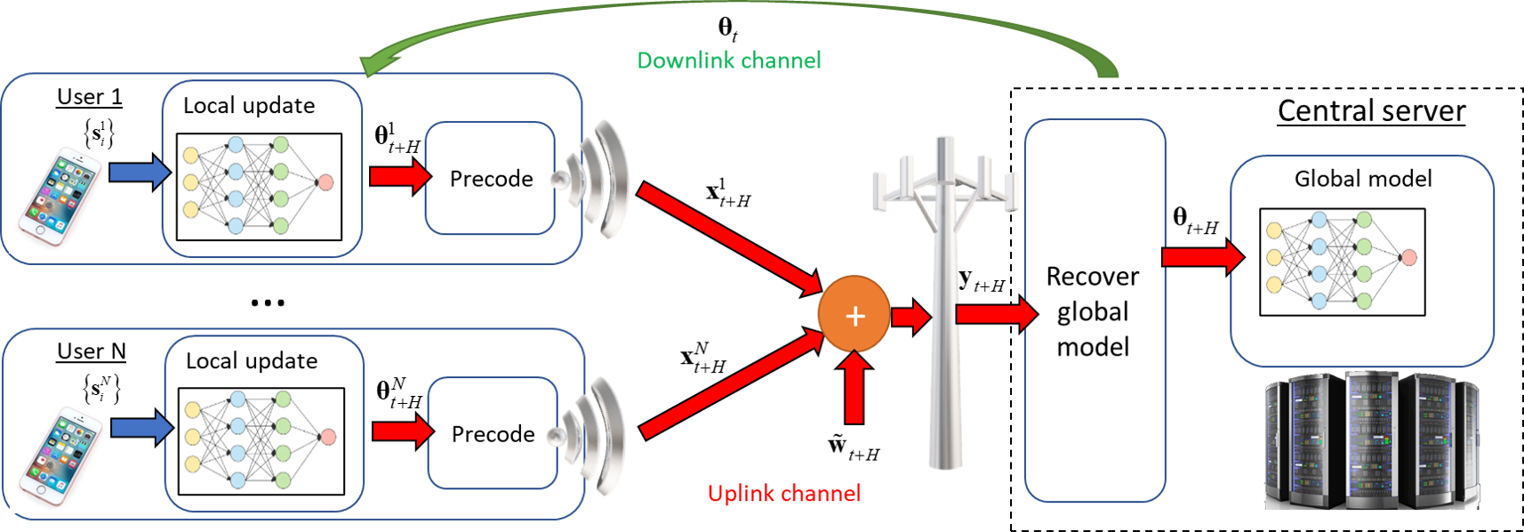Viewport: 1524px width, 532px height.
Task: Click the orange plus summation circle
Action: click(854, 315)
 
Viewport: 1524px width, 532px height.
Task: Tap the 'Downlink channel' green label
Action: click(728, 60)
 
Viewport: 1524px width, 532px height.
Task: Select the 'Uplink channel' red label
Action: click(783, 494)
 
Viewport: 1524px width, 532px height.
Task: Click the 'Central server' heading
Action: click(1371, 111)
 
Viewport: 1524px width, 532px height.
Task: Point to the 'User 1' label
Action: click(89, 97)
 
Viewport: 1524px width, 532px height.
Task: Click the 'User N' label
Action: click(91, 351)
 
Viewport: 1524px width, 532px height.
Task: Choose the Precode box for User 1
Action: click(491, 179)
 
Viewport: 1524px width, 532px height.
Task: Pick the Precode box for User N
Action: click(493, 434)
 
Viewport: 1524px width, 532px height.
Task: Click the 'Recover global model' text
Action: click(1093, 311)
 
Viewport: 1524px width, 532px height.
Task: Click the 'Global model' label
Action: click(1362, 179)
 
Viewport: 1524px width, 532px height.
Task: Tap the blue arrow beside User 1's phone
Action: click(140, 173)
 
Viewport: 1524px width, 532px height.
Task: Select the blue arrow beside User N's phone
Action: click(142, 427)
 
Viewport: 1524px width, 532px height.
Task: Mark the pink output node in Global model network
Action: click(1408, 258)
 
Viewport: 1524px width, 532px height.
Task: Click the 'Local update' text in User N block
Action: click(252, 361)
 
